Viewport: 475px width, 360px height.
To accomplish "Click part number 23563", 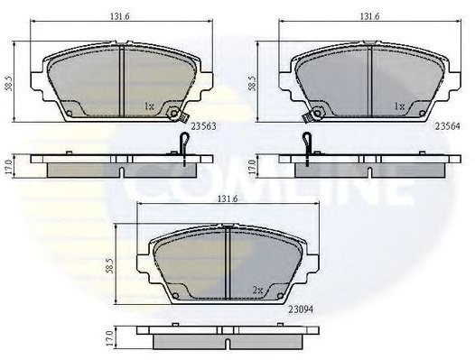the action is [x=203, y=126].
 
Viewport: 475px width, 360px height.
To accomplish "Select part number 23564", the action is [x=447, y=126].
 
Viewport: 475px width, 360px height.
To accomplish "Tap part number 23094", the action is [x=301, y=309].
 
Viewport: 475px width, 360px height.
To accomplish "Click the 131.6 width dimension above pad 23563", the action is [x=120, y=16].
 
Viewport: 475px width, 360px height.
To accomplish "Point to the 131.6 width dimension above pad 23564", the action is [x=369, y=16].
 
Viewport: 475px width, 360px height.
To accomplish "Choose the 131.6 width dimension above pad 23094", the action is [x=228, y=198].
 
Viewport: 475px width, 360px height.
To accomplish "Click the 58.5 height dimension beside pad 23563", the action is [x=9, y=83].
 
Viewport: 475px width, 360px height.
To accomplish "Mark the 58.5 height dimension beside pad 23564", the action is [x=252, y=83].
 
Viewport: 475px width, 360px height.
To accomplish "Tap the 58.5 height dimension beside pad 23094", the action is [x=110, y=265].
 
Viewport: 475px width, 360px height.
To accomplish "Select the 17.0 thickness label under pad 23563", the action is [x=9, y=167].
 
